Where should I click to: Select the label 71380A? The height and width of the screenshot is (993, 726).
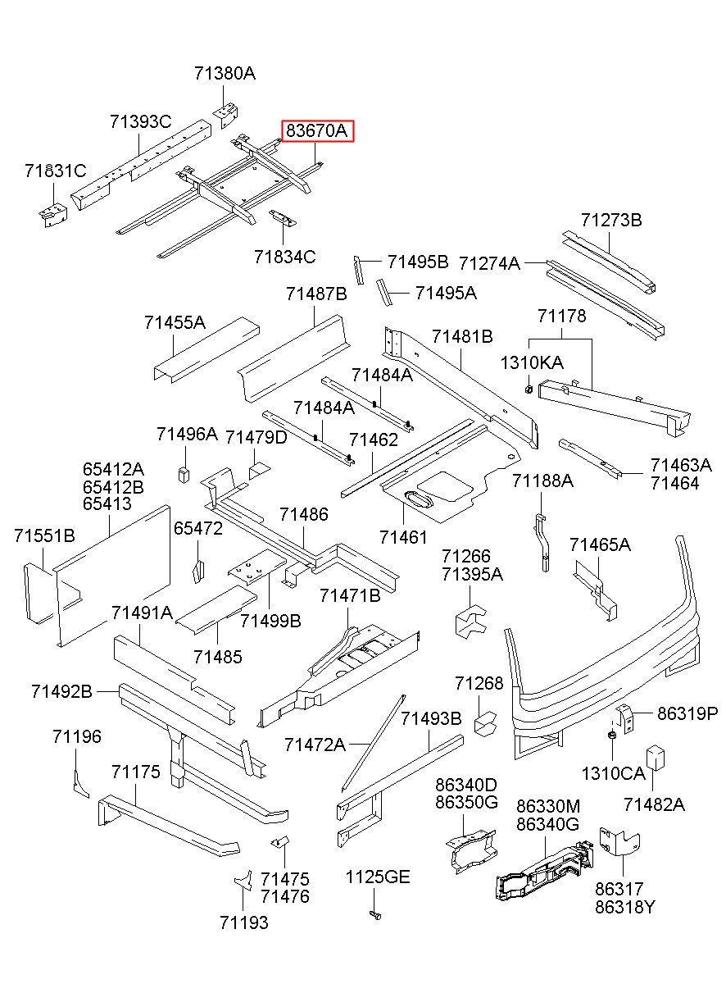coord(225,73)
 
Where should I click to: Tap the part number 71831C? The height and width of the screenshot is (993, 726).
coord(55,171)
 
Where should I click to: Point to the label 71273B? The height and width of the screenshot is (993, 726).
coord(611,220)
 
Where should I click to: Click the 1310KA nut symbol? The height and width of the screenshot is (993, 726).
coord(529,386)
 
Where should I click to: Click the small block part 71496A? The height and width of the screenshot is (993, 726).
coord(184,472)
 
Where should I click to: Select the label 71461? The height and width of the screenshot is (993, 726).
coord(403,537)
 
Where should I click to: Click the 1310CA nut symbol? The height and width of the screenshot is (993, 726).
coord(611,735)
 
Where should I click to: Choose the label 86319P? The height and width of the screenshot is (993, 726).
coord(687,713)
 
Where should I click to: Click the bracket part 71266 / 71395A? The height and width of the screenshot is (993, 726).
coord(468,622)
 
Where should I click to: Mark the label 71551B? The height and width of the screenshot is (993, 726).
coord(44,535)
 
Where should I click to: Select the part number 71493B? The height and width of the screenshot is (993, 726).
coord(431,718)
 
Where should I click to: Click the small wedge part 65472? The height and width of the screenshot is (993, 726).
coord(197,570)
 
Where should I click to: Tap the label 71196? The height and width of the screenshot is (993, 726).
coord(77,736)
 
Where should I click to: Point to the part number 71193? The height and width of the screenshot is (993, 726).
coord(243,922)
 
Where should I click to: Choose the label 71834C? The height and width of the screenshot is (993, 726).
coord(284,257)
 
